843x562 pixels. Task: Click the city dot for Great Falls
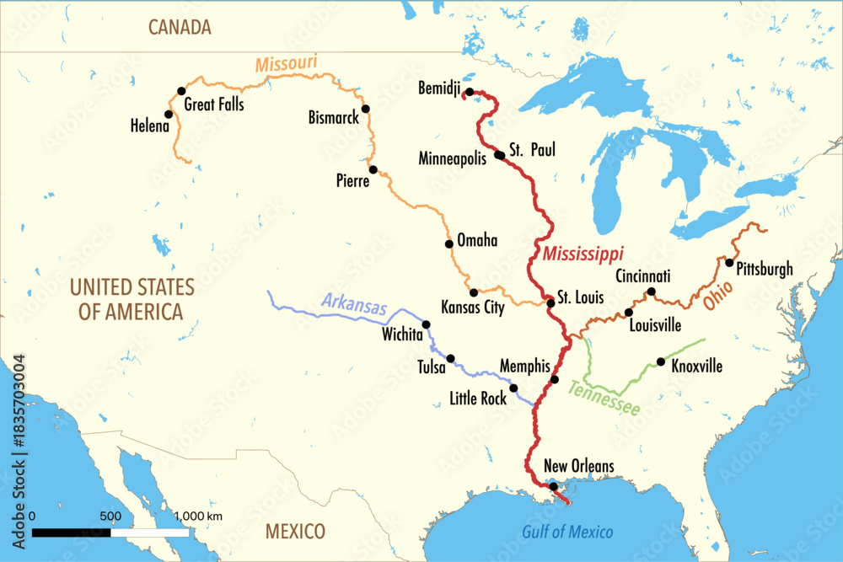point(180,91)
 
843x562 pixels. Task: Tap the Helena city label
point(150,126)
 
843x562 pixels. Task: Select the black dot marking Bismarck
point(366,109)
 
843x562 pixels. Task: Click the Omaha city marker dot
point(448,244)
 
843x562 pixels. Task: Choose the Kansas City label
point(473,308)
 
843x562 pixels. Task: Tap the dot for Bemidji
point(469,92)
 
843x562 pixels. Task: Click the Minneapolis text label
point(453,158)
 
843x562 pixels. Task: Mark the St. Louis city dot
point(550,302)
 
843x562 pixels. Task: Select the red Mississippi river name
point(583,253)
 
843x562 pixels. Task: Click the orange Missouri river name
point(286,63)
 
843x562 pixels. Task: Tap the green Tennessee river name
point(604,399)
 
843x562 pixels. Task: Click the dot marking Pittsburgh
point(729,262)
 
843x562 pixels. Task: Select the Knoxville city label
point(696,367)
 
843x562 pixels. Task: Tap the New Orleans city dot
point(553,486)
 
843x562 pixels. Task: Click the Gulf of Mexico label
point(567,532)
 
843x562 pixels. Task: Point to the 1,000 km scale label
point(198,516)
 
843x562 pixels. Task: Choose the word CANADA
point(180,27)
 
